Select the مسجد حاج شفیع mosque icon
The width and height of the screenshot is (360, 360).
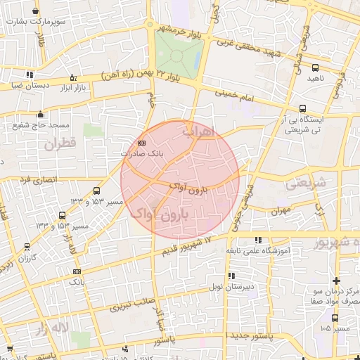[41, 115]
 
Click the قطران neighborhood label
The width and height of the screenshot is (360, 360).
[58, 145]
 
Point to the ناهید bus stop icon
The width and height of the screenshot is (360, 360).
[314, 67]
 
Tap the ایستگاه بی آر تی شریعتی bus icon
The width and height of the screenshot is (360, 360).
[302, 109]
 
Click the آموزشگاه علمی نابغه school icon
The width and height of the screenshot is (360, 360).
[258, 240]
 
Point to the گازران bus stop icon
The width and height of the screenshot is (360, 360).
[26, 247]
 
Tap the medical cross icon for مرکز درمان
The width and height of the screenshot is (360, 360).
[337, 281]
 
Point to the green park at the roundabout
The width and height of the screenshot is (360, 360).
[179, 51]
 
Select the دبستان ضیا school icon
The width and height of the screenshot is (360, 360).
[28, 75]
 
